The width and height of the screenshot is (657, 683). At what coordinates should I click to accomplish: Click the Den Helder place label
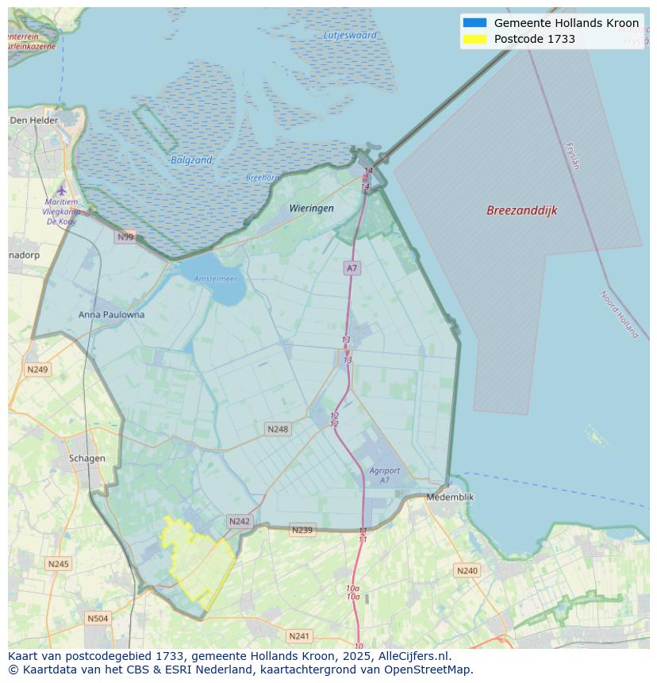tap(34, 121)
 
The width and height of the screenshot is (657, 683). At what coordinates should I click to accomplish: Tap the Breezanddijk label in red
tap(521, 210)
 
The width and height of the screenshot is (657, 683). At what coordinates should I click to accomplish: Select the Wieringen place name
tap(311, 208)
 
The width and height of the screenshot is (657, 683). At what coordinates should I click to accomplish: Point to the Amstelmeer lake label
tap(216, 278)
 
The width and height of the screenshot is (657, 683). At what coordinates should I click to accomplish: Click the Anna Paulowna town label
tap(111, 314)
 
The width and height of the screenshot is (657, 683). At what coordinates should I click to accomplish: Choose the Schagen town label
tap(86, 458)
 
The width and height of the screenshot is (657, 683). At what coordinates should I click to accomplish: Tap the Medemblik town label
tap(450, 497)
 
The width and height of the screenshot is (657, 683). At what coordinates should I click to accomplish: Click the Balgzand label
tap(191, 160)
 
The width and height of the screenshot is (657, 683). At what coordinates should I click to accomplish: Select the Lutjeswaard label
tap(350, 35)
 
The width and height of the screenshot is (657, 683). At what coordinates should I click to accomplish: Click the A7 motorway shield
tap(352, 268)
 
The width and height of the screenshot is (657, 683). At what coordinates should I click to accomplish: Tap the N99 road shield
tap(125, 236)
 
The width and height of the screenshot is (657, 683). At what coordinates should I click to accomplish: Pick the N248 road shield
tap(278, 429)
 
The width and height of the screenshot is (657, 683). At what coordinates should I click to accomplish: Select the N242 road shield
tap(239, 521)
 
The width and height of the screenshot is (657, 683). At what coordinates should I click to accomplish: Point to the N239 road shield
tap(302, 530)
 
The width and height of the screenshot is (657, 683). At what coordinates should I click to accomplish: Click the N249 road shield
tap(37, 370)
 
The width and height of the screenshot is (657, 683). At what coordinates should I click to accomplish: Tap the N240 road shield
tap(467, 570)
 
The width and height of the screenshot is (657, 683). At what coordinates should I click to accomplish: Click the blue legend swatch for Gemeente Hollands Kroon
tap(474, 23)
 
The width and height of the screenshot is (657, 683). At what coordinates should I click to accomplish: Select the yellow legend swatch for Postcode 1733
tap(474, 39)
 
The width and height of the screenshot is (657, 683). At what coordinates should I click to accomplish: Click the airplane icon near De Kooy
tap(62, 190)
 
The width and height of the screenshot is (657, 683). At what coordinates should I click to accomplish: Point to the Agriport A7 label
tap(384, 475)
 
